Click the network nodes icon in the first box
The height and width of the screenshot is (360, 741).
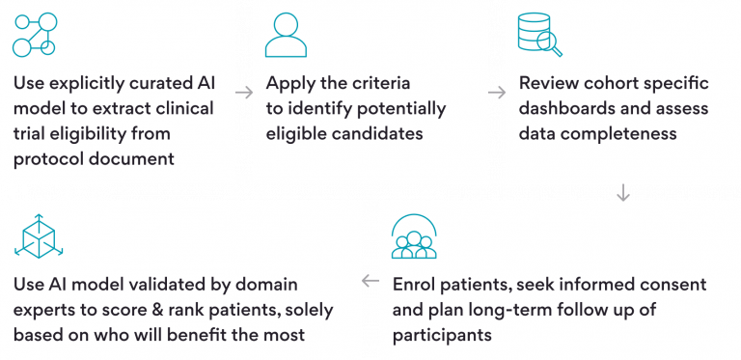coord(35,35)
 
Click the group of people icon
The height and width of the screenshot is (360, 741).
coord(414,235)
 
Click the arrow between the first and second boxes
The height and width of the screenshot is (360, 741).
coord(244,93)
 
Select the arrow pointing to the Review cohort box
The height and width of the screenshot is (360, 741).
coord(497,93)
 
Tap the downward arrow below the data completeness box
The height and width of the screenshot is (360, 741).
coord(622,192)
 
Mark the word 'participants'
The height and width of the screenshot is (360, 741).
coord(443,335)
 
